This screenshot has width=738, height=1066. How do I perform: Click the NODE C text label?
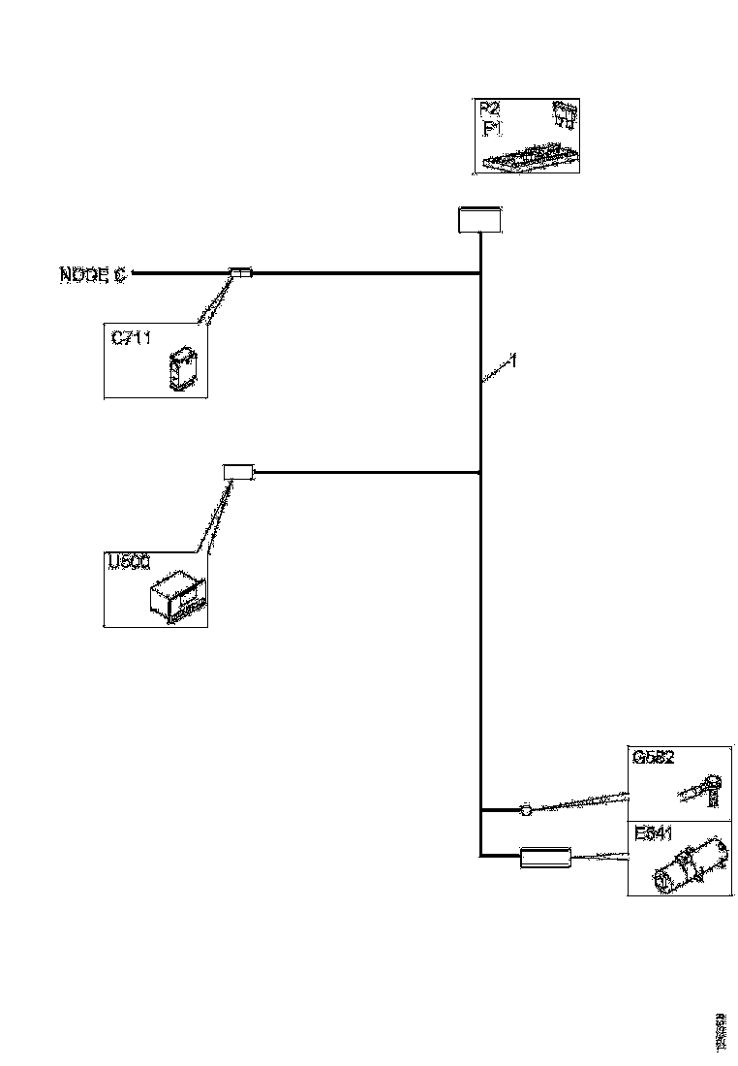click(92, 275)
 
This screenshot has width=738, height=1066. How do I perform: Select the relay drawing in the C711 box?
click(181, 370)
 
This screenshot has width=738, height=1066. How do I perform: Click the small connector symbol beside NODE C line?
click(240, 274)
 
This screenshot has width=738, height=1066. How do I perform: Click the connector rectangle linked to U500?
click(238, 473)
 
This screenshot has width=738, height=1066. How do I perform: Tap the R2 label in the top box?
click(491, 109)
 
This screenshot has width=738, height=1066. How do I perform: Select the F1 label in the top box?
click(491, 127)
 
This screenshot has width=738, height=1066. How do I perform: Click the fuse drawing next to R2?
click(564, 115)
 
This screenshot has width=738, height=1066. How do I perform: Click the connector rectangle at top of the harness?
click(478, 220)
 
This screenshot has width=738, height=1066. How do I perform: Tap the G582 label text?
click(655, 760)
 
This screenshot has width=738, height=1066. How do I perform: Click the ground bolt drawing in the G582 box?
click(702, 790)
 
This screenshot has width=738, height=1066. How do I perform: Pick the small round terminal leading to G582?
click(526, 807)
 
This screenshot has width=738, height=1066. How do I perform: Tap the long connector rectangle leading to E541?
click(545, 857)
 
